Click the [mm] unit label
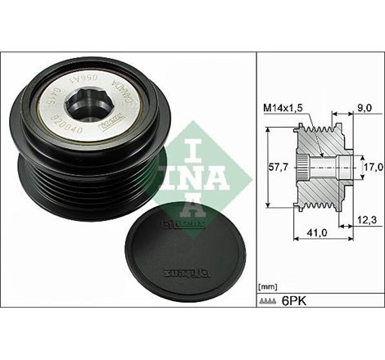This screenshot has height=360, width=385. click(269, 288)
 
